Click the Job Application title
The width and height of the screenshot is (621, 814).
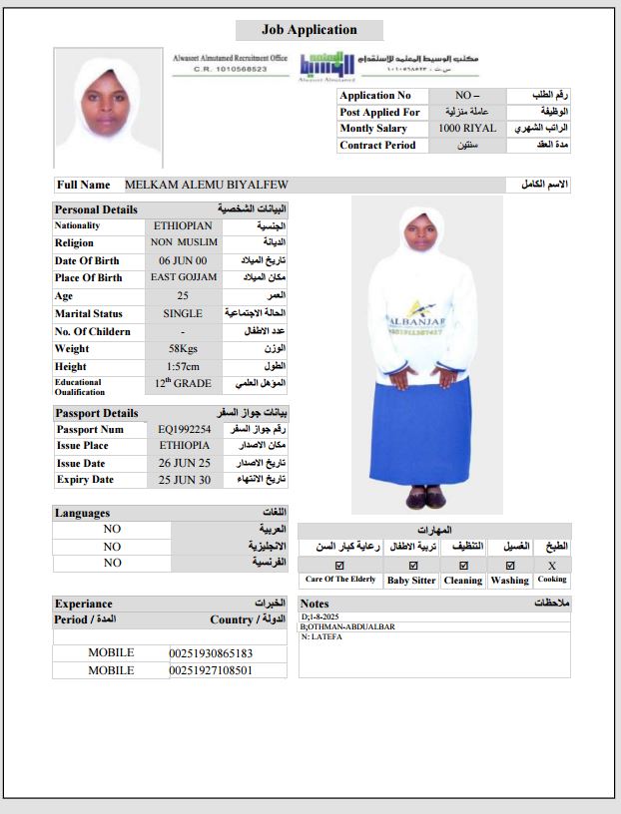(309, 31)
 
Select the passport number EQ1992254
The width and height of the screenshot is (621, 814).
(185, 429)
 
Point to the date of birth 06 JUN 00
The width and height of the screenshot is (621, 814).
(183, 260)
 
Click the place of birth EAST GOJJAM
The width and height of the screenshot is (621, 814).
(183, 277)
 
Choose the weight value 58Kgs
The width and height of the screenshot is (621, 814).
(183, 349)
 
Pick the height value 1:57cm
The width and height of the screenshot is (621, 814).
(183, 366)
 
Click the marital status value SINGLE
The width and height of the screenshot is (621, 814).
(183, 313)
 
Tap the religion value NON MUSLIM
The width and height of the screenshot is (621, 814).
(183, 242)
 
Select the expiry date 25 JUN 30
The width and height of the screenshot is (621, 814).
(185, 480)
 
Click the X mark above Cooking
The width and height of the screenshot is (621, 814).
(552, 565)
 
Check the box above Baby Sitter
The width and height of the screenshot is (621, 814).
(410, 565)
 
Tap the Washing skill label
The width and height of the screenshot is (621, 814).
(509, 580)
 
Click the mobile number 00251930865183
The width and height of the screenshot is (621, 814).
(211, 653)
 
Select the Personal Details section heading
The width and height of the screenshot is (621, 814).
(96, 209)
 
